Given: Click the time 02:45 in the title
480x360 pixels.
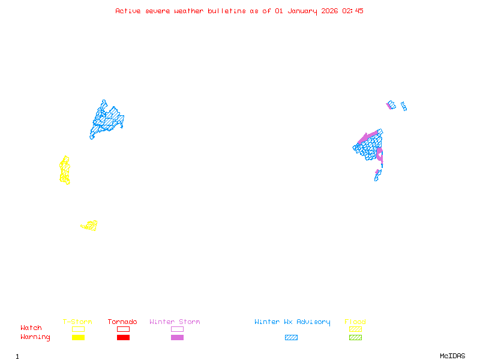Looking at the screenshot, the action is (x=353, y=11).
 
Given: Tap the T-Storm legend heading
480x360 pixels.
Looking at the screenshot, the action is (x=77, y=322).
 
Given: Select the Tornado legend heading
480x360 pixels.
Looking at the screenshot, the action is (x=122, y=322).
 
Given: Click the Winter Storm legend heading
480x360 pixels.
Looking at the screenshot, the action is (x=175, y=322).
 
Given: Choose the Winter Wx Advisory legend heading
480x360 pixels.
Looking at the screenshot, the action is (x=292, y=322).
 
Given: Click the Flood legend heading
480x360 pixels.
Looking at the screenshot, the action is (x=355, y=322).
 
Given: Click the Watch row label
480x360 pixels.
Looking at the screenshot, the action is (x=31, y=328).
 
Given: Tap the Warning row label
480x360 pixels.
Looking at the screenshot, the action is (x=35, y=337).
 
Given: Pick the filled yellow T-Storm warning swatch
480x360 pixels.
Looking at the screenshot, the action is (x=78, y=338).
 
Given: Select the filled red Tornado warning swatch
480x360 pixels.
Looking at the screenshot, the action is (x=123, y=338).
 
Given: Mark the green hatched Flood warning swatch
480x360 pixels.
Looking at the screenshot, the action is (x=355, y=338).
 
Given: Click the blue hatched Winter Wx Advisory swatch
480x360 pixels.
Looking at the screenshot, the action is (x=291, y=338).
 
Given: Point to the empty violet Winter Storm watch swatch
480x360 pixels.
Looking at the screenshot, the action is (x=177, y=329).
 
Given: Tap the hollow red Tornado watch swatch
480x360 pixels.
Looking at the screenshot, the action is (x=123, y=329).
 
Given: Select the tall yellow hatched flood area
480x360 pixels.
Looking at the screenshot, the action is (x=65, y=170).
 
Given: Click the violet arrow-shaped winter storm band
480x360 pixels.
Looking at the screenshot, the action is (x=368, y=137).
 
